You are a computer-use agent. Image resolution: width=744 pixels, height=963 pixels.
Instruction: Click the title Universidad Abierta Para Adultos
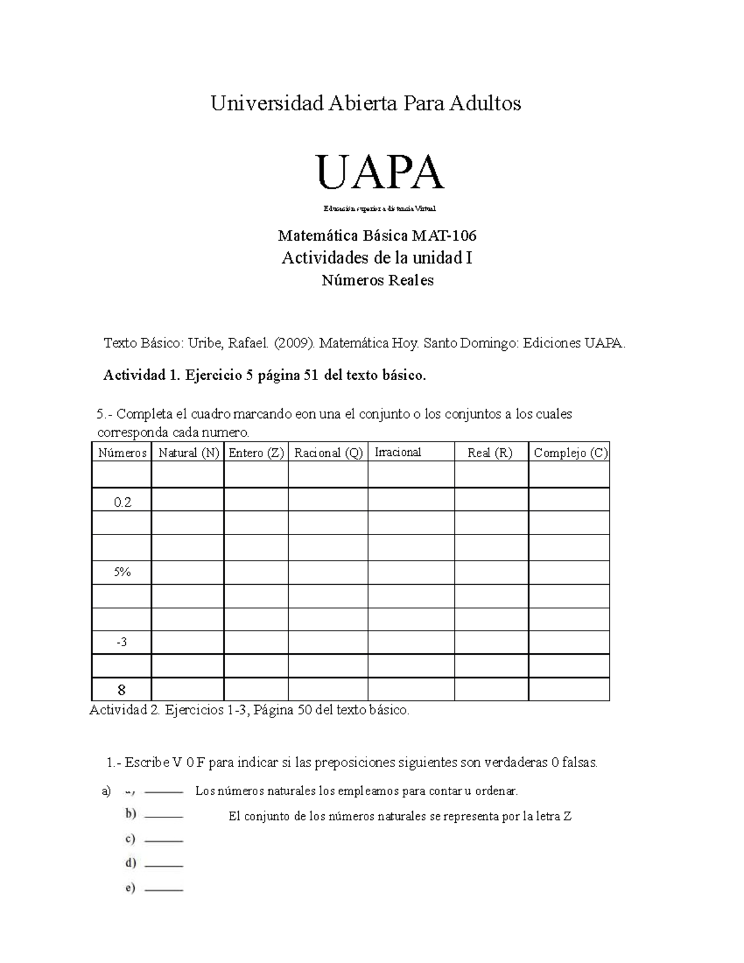[366, 103]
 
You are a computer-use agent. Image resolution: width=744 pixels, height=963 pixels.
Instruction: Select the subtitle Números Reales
[377, 280]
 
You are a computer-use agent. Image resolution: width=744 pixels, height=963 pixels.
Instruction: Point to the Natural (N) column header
[188, 453]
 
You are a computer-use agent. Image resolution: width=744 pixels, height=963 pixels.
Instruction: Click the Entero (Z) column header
[256, 453]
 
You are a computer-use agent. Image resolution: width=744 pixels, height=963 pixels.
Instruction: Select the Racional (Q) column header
[328, 453]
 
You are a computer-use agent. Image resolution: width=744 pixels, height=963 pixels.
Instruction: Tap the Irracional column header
[397, 452]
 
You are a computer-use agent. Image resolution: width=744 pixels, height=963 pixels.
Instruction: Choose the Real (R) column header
[490, 453]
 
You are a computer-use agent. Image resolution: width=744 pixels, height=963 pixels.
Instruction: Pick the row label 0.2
[122, 502]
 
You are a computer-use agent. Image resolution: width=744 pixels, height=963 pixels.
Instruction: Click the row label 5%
[122, 572]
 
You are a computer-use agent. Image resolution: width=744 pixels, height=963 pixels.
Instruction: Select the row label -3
[122, 642]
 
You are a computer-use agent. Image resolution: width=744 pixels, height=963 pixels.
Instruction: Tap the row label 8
[122, 690]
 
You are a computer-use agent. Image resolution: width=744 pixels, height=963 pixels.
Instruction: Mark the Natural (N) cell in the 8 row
[188, 690]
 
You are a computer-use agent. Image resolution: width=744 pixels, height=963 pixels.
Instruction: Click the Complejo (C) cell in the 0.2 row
[569, 499]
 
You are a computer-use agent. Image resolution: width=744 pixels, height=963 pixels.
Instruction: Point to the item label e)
[130, 888]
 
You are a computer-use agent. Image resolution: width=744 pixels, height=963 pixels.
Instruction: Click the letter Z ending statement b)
[567, 816]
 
